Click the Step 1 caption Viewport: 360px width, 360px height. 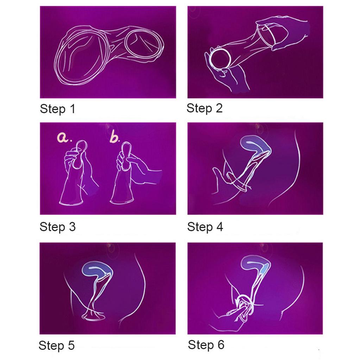57,109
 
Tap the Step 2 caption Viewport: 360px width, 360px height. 204,108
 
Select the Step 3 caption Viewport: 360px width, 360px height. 57,227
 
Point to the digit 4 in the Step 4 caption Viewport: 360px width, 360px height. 219,227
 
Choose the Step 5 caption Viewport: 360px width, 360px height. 57,345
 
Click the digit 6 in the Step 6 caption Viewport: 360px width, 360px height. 220,345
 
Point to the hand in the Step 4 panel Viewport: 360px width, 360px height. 225,179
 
